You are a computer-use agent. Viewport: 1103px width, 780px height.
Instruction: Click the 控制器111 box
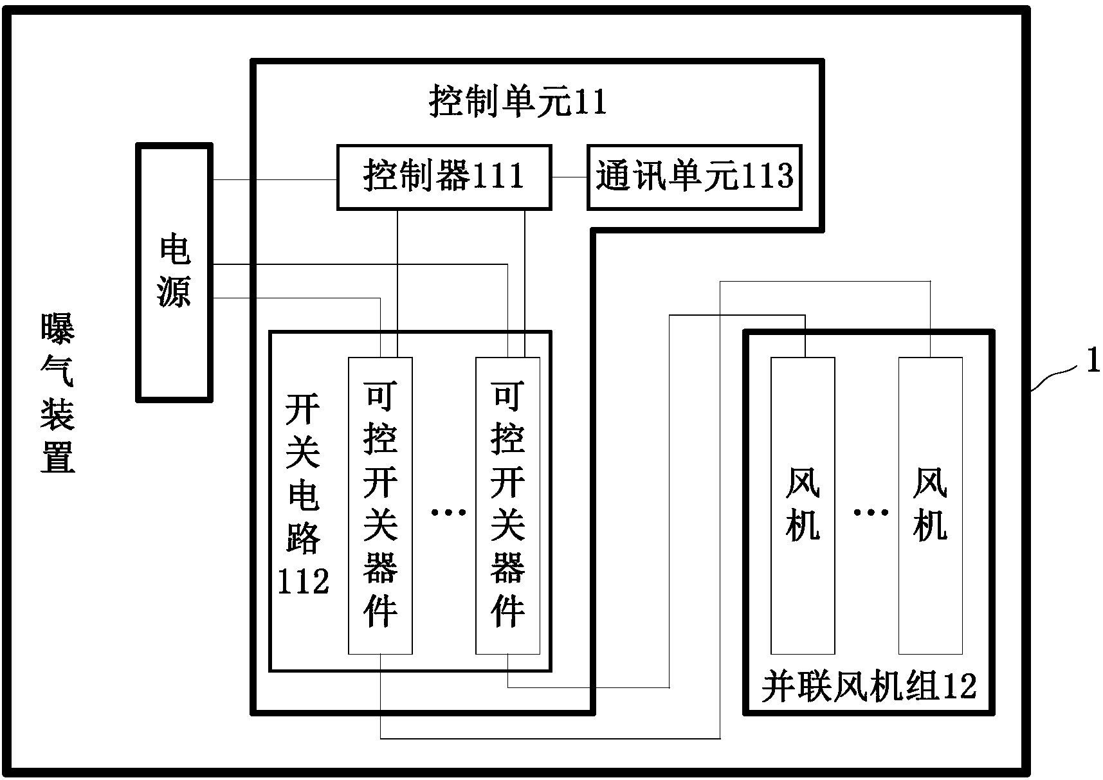click(x=444, y=177)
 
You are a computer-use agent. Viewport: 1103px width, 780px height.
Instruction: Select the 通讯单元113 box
click(x=694, y=177)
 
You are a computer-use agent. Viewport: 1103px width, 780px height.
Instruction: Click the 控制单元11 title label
click(x=518, y=102)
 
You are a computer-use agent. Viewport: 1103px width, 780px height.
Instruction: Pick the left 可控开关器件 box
click(x=380, y=505)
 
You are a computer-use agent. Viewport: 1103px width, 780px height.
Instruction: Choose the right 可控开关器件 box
click(x=507, y=505)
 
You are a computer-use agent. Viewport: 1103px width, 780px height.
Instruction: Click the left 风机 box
click(x=803, y=505)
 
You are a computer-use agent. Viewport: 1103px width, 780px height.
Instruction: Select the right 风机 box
click(x=930, y=505)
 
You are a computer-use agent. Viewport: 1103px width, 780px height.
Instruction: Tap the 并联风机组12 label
click(x=869, y=687)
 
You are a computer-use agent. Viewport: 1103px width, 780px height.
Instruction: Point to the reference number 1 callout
click(x=1093, y=361)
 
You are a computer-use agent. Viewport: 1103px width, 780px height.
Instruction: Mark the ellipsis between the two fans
click(x=871, y=512)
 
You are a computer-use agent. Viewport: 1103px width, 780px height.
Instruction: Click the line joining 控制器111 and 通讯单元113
click(x=569, y=177)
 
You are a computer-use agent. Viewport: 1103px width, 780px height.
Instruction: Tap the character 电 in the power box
click(x=174, y=249)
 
